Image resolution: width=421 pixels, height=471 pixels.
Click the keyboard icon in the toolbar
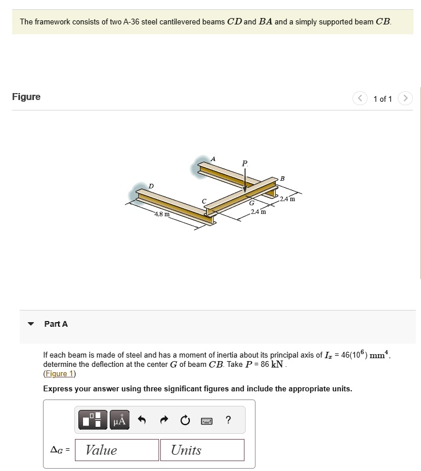206,420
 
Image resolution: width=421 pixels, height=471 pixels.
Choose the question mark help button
228,420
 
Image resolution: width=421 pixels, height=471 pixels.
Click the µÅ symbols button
118,420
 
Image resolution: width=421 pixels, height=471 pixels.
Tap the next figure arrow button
406,98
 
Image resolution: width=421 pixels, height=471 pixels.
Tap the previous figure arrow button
359,98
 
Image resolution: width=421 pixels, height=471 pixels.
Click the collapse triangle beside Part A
31,324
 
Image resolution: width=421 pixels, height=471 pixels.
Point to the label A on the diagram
213,158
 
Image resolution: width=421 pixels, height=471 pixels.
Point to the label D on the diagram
151,185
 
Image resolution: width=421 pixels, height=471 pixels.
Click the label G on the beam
251,204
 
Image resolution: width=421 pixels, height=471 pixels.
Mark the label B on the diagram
282,177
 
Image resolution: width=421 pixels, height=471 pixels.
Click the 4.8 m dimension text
162,215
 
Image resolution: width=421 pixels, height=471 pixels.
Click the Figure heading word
27,97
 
